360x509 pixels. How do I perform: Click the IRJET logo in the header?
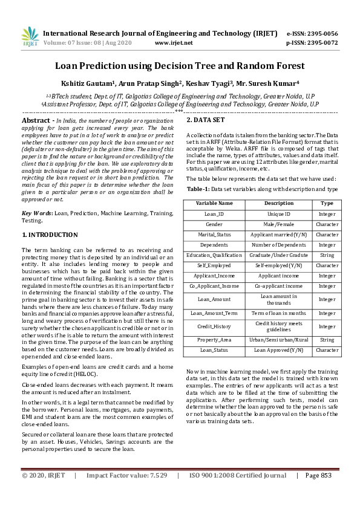(x=30, y=37)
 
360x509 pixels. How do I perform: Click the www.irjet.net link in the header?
(x=174, y=43)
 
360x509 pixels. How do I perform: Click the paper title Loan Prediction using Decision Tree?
(x=180, y=65)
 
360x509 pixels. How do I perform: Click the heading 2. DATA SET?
(x=206, y=120)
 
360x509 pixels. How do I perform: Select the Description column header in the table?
(x=279, y=203)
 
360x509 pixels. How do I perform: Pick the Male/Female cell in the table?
(x=279, y=224)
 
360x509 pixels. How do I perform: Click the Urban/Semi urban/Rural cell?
(x=279, y=340)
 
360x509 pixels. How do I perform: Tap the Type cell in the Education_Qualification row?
(x=327, y=255)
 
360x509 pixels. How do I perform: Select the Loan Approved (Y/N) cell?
(x=279, y=350)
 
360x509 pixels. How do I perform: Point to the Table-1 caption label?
(x=198, y=189)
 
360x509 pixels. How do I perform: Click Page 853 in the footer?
(x=318, y=475)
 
